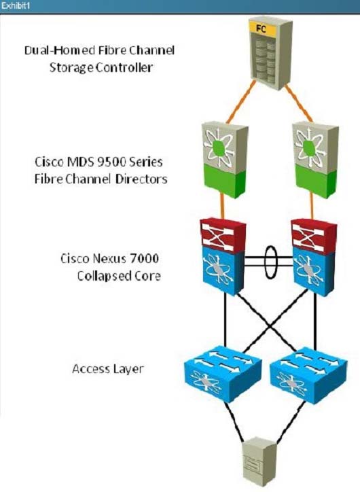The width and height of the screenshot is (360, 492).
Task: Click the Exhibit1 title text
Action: (16, 6)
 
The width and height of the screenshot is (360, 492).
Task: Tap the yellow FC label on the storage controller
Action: (261, 29)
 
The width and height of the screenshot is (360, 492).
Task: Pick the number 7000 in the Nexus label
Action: (144, 258)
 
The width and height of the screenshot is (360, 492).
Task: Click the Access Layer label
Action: (107, 369)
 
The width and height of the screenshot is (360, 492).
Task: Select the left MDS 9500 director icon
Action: (225, 160)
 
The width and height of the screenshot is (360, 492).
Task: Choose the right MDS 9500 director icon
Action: (315, 160)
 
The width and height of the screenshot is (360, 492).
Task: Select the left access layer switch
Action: (223, 374)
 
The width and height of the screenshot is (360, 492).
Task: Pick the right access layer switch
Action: (308, 374)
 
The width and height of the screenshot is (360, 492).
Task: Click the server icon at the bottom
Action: (260, 460)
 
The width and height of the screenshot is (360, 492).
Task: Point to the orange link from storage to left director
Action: (240, 102)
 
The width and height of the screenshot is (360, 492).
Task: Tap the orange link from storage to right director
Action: (299, 103)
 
